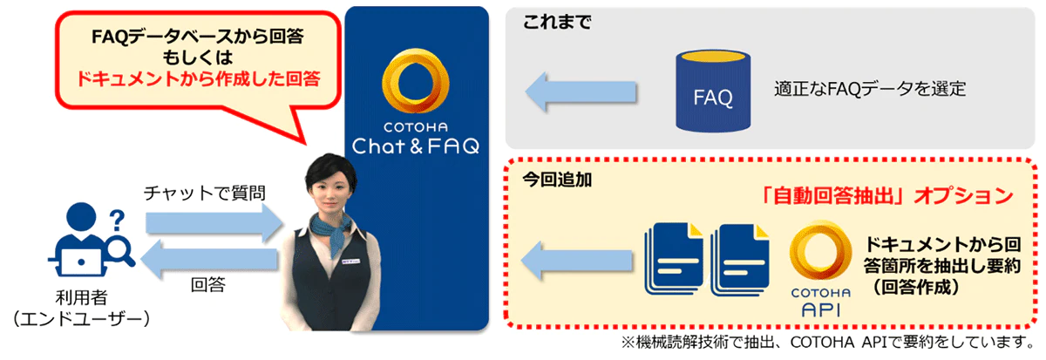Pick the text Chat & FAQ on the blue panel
point(416,146)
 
